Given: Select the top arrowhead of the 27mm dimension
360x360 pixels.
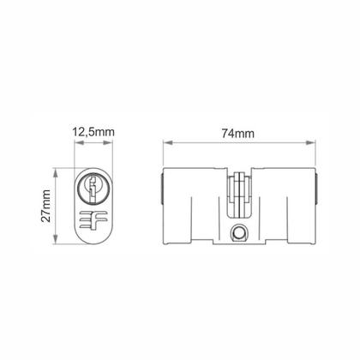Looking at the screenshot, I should tap(55, 170).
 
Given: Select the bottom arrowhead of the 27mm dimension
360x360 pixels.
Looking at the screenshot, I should tap(55, 243).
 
